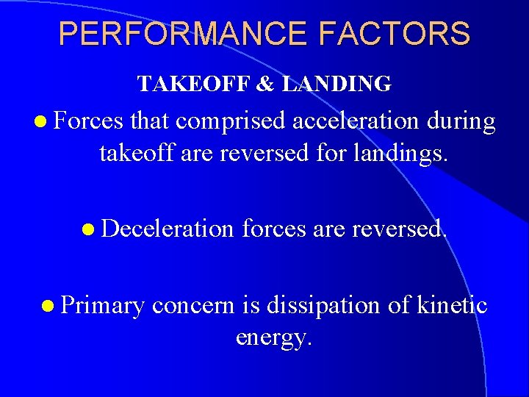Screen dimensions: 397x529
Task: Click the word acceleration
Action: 356,122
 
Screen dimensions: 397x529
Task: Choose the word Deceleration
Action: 168,229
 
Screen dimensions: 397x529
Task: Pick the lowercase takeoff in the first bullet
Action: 136,154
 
